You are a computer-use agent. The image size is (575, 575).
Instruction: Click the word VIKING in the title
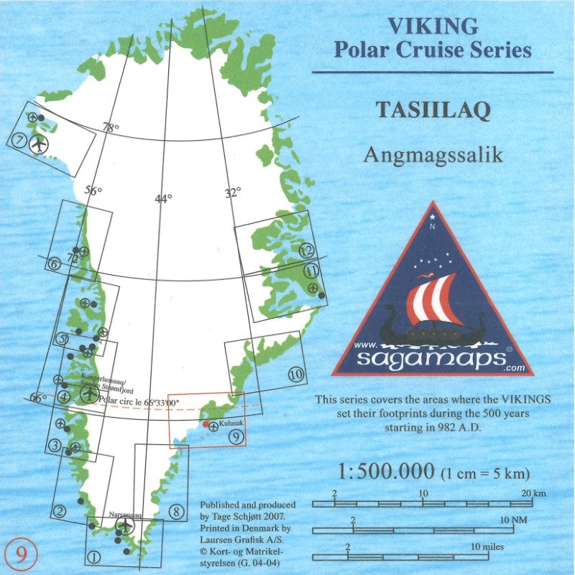pyautogui.click(x=432, y=26)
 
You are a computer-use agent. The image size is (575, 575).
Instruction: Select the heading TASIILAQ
pyautogui.click(x=433, y=110)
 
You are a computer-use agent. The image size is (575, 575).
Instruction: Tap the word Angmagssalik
pyautogui.click(x=433, y=154)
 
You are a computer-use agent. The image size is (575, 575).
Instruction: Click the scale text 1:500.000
pyautogui.click(x=385, y=472)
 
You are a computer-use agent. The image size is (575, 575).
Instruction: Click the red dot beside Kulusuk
pyautogui.click(x=206, y=424)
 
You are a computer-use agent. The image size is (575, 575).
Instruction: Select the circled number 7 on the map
pyautogui.click(x=20, y=139)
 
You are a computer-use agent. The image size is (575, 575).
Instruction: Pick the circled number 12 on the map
pyautogui.click(x=307, y=251)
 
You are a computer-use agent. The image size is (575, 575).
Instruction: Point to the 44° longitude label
pyautogui.click(x=164, y=199)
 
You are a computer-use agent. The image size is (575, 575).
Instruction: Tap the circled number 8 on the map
pyautogui.click(x=176, y=511)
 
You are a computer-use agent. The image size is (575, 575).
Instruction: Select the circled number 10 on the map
pyautogui.click(x=295, y=373)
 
